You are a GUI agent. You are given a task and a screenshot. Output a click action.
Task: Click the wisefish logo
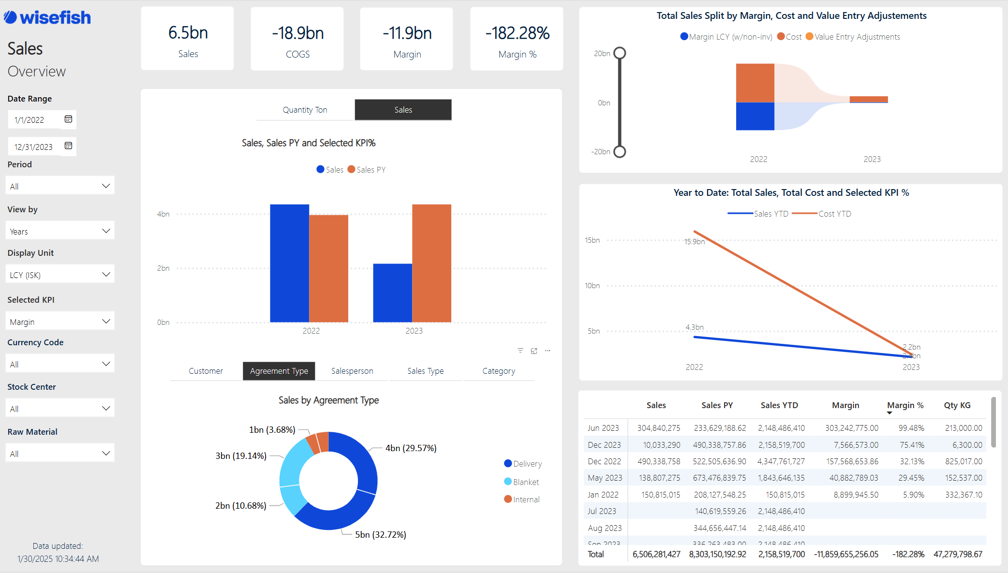(47, 18)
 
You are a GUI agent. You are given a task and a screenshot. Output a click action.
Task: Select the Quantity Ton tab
(305, 110)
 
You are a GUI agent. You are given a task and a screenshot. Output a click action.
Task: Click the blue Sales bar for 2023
(392, 293)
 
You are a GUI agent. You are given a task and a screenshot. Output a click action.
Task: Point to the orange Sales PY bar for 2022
(328, 268)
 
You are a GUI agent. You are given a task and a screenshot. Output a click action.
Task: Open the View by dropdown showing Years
(60, 231)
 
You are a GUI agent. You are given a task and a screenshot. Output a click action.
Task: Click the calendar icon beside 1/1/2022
(68, 119)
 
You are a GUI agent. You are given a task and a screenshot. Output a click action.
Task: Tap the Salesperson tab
(352, 371)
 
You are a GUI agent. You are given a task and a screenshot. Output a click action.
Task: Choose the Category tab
(499, 371)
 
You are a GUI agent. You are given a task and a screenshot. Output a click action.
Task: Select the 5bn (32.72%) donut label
(381, 535)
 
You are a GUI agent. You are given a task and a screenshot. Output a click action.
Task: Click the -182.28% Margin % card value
(517, 33)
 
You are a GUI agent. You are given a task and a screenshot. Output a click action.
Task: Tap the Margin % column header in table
(905, 405)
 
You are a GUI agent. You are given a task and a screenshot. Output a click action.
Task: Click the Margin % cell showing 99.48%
(911, 428)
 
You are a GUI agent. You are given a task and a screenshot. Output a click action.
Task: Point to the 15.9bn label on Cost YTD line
(694, 242)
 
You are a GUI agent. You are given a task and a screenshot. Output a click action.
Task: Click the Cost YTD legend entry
(834, 214)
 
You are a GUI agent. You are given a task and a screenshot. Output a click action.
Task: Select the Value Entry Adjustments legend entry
(857, 37)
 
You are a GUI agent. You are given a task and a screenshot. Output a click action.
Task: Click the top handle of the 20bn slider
(620, 53)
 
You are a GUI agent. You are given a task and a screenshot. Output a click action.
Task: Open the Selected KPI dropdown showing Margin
(60, 322)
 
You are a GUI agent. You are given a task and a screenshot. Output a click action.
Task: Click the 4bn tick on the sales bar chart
(163, 214)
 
